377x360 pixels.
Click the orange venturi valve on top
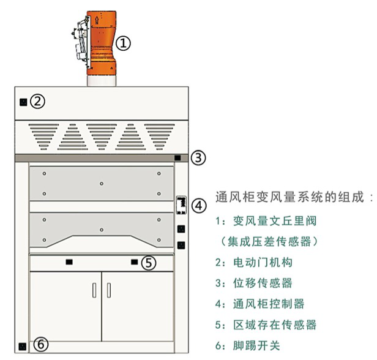tap(101, 43)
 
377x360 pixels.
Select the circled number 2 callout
tap(38, 102)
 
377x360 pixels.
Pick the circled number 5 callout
tap(148, 263)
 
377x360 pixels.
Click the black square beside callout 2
tap(23, 102)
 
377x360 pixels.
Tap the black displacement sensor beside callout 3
tap(177, 158)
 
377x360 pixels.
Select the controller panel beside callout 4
tap(181, 205)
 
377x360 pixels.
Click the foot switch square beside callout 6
tap(23, 345)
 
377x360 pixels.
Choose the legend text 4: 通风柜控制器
tap(259, 304)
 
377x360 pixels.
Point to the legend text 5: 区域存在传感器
tap(266, 324)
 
